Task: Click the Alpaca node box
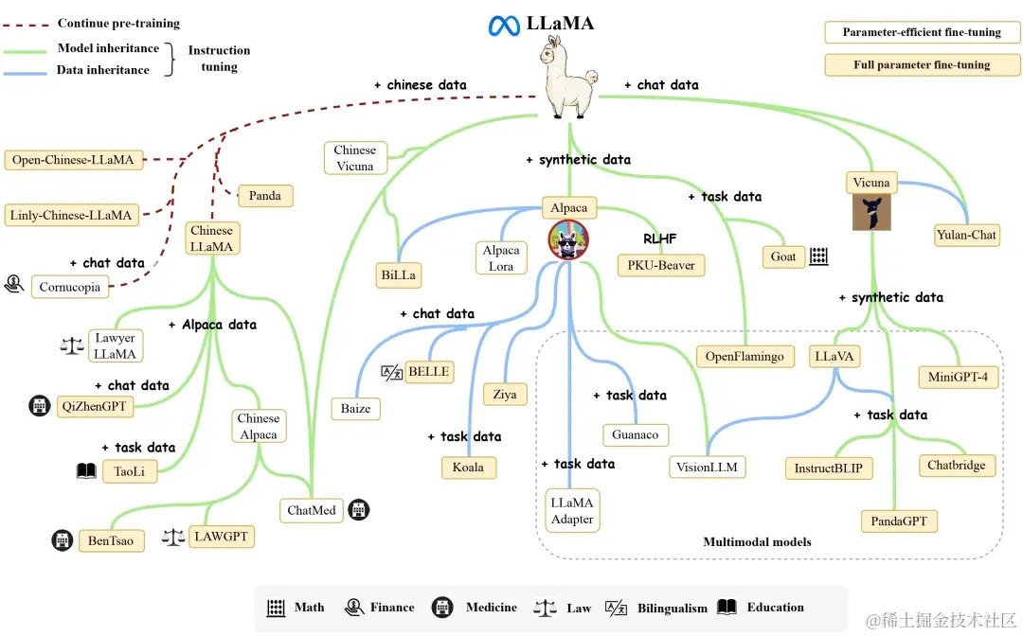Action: pyautogui.click(x=568, y=207)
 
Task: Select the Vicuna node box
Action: pyautogui.click(x=871, y=183)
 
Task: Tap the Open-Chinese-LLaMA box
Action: pyautogui.click(x=73, y=160)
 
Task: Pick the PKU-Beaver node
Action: pyautogui.click(x=661, y=265)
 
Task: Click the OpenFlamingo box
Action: pyautogui.click(x=745, y=357)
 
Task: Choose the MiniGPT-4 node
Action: pyautogui.click(x=958, y=377)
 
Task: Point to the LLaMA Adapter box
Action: pyautogui.click(x=572, y=510)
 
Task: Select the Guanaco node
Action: pyautogui.click(x=636, y=434)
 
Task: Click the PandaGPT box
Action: pyautogui.click(x=899, y=521)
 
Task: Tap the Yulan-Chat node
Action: pyautogui.click(x=967, y=235)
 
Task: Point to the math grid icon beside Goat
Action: pyautogui.click(x=818, y=256)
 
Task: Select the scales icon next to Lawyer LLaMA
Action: pyautogui.click(x=72, y=345)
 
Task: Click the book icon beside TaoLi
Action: pyautogui.click(x=87, y=470)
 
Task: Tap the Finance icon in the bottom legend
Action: pyautogui.click(x=355, y=608)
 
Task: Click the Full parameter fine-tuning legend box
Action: pyautogui.click(x=922, y=65)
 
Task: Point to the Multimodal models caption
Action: pyautogui.click(x=757, y=542)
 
